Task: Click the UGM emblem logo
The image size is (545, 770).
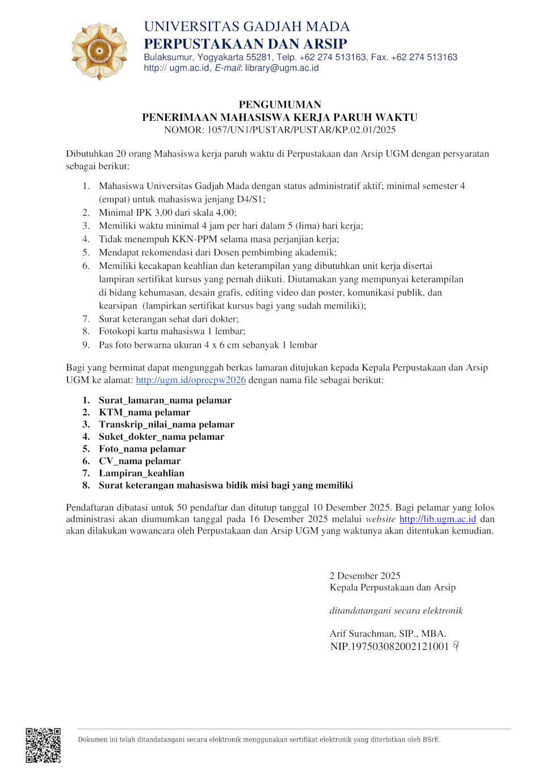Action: (x=99, y=51)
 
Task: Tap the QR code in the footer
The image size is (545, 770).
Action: (x=43, y=745)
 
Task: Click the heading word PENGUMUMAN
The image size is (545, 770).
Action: (x=280, y=104)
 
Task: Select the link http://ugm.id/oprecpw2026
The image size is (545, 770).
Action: (x=191, y=380)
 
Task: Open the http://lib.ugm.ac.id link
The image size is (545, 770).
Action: (x=438, y=519)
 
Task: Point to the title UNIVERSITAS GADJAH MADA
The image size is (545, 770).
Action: (x=247, y=27)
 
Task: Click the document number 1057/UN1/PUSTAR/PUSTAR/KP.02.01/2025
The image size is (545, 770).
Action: (x=301, y=130)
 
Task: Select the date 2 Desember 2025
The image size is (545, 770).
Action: (x=365, y=576)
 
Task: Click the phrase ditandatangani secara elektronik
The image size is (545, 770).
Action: (x=396, y=611)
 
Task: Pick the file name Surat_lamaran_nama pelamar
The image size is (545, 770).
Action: (x=165, y=401)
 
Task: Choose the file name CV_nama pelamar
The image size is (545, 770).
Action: (x=140, y=461)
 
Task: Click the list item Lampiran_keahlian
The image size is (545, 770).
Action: (x=141, y=473)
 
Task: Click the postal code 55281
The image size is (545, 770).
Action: (x=259, y=57)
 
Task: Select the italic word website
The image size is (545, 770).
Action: (x=380, y=519)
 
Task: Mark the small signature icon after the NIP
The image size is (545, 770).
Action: (x=456, y=646)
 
